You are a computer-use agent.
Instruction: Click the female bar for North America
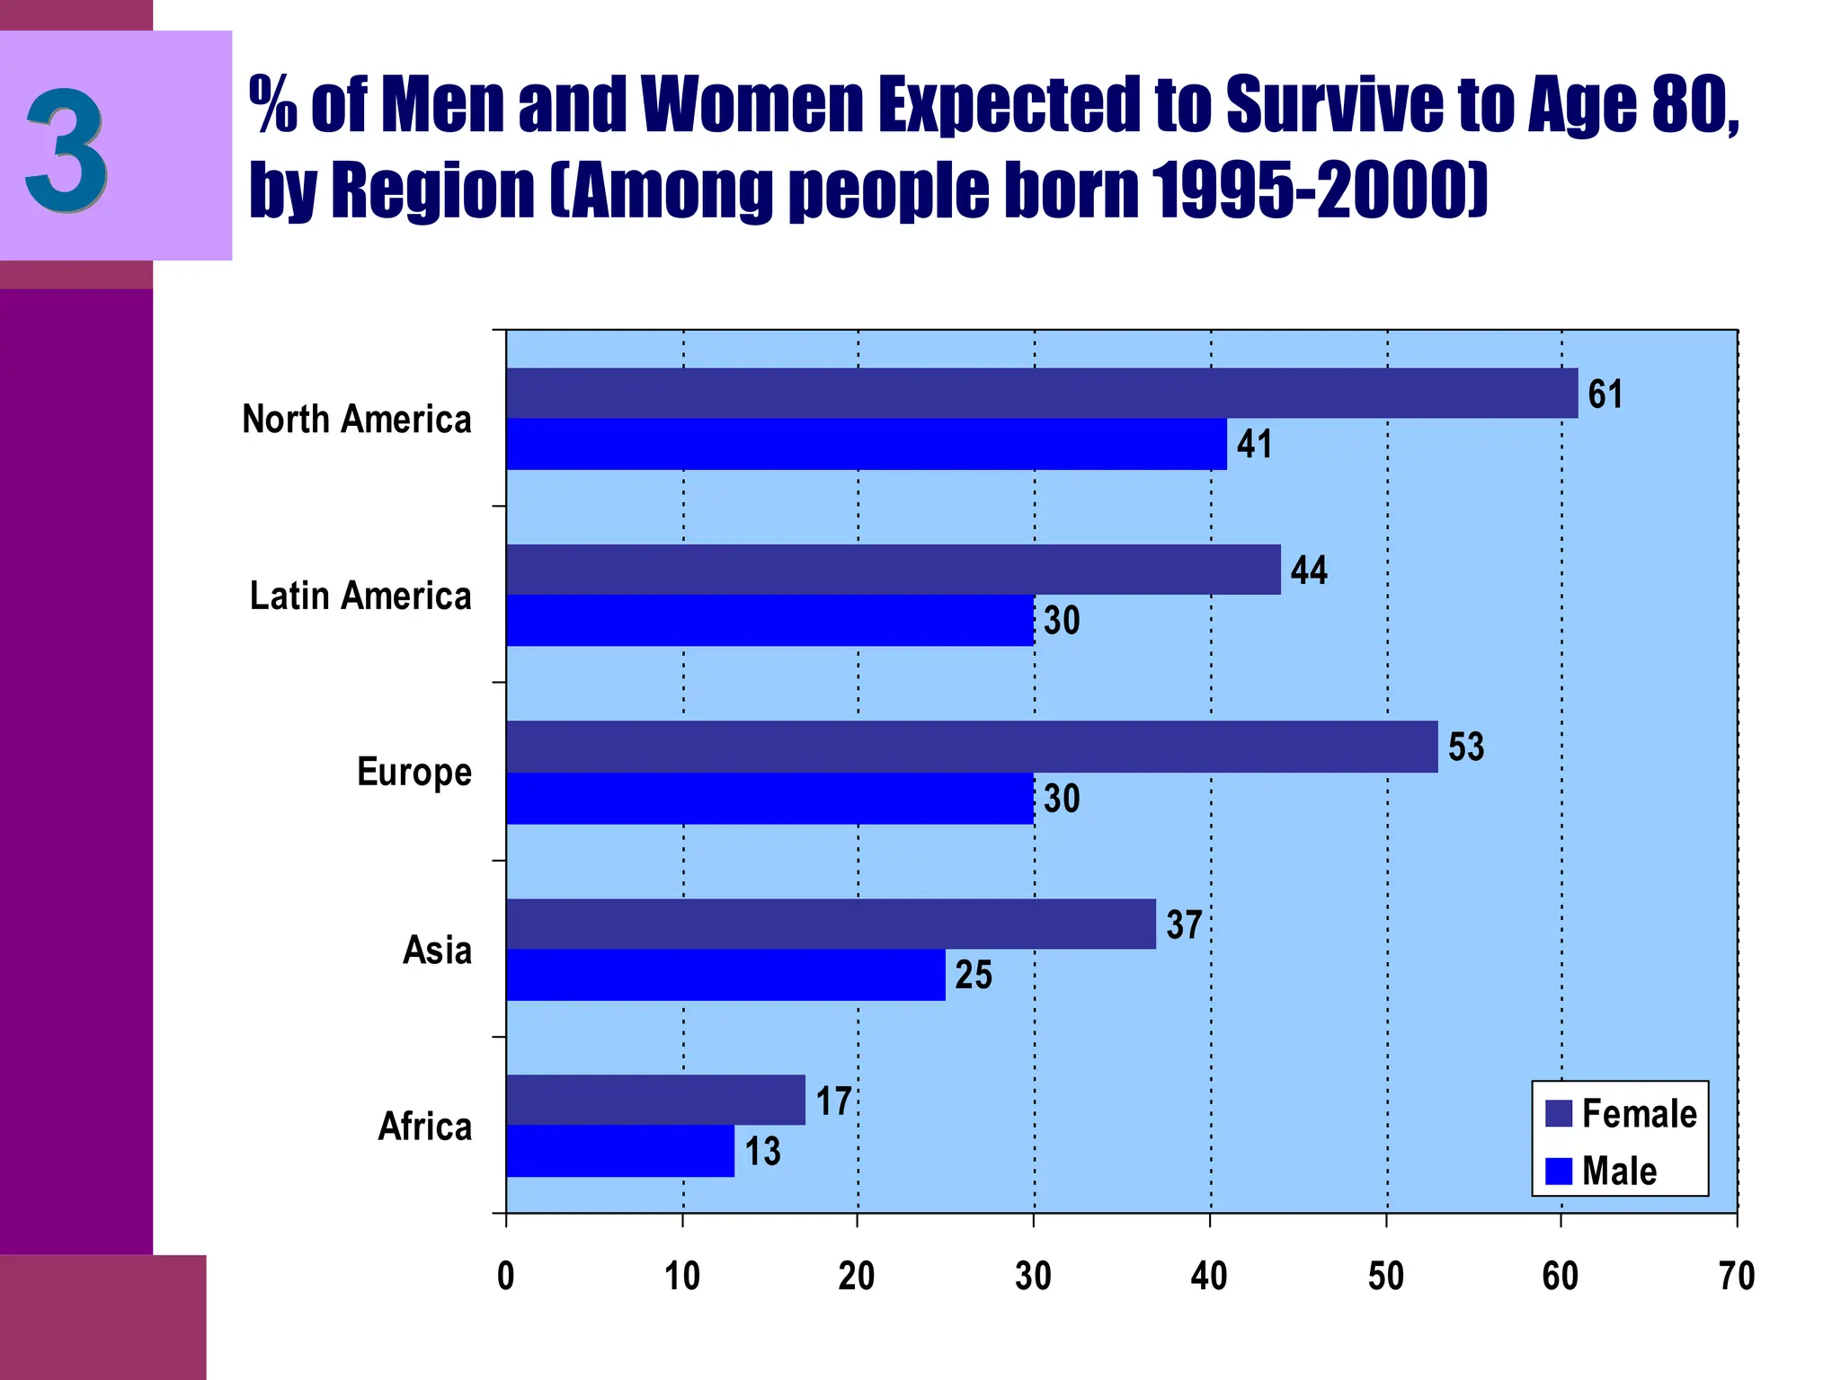tap(1041, 393)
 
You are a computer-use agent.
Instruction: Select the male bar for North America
tap(866, 444)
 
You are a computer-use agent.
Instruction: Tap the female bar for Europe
tap(971, 746)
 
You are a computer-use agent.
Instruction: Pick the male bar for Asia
tap(725, 975)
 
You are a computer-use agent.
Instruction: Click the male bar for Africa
tap(619, 1151)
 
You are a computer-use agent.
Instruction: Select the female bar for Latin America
tap(893, 570)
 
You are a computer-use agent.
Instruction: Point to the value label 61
tap(1605, 394)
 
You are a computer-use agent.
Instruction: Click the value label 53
tap(1465, 747)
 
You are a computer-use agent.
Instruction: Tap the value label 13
tap(762, 1152)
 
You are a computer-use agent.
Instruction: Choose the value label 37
tap(1183, 925)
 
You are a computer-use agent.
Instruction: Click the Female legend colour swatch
tap(1558, 1114)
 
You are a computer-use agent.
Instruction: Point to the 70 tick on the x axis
tap(1736, 1277)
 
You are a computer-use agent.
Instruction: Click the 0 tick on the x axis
tap(506, 1277)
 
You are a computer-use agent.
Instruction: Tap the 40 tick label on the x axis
tap(1209, 1277)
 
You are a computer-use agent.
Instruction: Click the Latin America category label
tap(360, 597)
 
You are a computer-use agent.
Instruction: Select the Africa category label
tap(424, 1127)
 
